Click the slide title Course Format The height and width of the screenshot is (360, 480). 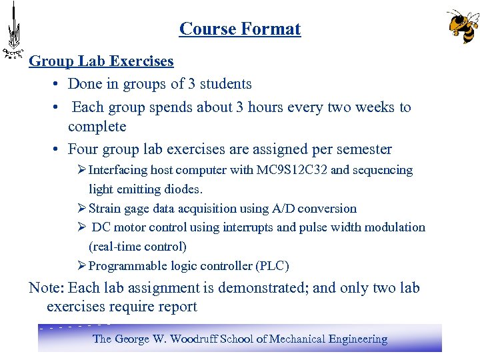point(240,29)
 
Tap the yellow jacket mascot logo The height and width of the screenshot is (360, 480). point(462,26)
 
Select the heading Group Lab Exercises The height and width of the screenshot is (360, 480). point(101,61)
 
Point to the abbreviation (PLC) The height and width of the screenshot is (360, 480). point(272,266)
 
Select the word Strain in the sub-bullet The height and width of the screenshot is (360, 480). point(105,209)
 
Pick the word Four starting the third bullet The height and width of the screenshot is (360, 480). point(83,149)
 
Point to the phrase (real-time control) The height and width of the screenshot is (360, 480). point(137,247)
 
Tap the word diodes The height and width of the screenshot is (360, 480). point(181,189)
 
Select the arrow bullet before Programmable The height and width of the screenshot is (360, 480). point(82,266)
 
